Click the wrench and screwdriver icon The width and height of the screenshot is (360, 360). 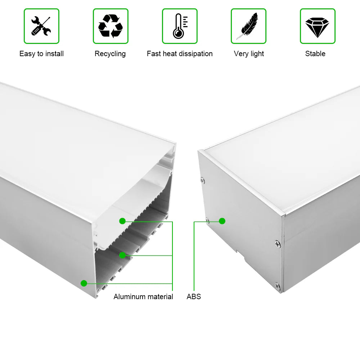[41, 26]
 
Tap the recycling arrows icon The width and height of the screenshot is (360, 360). [111, 26]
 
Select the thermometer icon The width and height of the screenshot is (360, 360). [180, 26]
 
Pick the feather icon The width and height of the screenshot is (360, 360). [248, 26]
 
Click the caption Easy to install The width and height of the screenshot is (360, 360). [41, 54]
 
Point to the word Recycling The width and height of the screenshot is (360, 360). [110, 54]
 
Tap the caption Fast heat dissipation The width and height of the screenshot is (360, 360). [180, 54]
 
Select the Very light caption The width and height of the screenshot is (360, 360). [249, 54]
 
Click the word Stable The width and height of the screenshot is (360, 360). [315, 54]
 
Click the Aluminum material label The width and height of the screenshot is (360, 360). [143, 297]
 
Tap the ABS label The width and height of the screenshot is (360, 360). [194, 297]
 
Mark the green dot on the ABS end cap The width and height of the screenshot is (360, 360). [222, 221]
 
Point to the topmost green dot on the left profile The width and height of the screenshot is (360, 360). [122, 221]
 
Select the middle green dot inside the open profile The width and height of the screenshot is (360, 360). [122, 255]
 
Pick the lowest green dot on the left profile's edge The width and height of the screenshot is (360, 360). [84, 283]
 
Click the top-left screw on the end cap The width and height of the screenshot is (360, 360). [202, 180]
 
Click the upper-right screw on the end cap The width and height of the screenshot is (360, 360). [278, 244]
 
